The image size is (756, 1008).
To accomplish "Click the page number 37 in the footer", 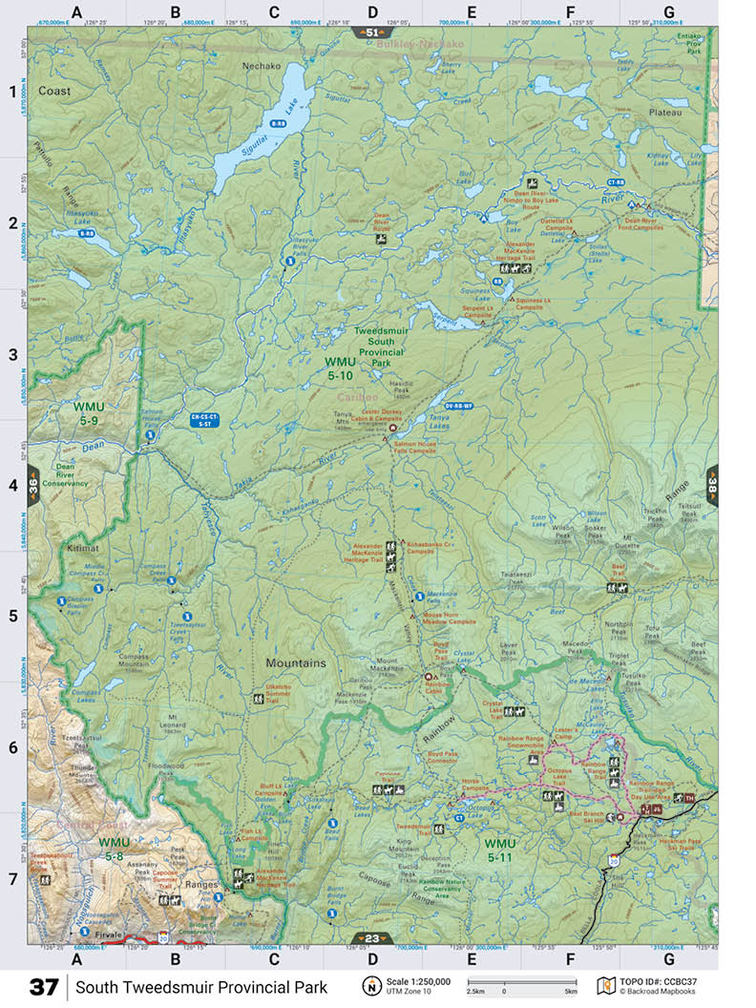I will point(44,986).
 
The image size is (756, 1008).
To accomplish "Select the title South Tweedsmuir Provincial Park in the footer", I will point(201,986).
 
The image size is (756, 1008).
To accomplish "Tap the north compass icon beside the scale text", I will point(369,985).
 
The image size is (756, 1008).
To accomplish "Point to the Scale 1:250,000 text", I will point(418,980).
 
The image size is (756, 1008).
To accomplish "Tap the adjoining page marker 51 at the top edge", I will point(372,32).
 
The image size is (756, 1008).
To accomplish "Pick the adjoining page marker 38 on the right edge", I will point(711,483).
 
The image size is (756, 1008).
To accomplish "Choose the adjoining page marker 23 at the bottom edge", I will point(372,937).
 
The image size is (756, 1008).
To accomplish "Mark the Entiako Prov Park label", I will point(688,43).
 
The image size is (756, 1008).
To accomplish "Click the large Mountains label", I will point(296,662).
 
